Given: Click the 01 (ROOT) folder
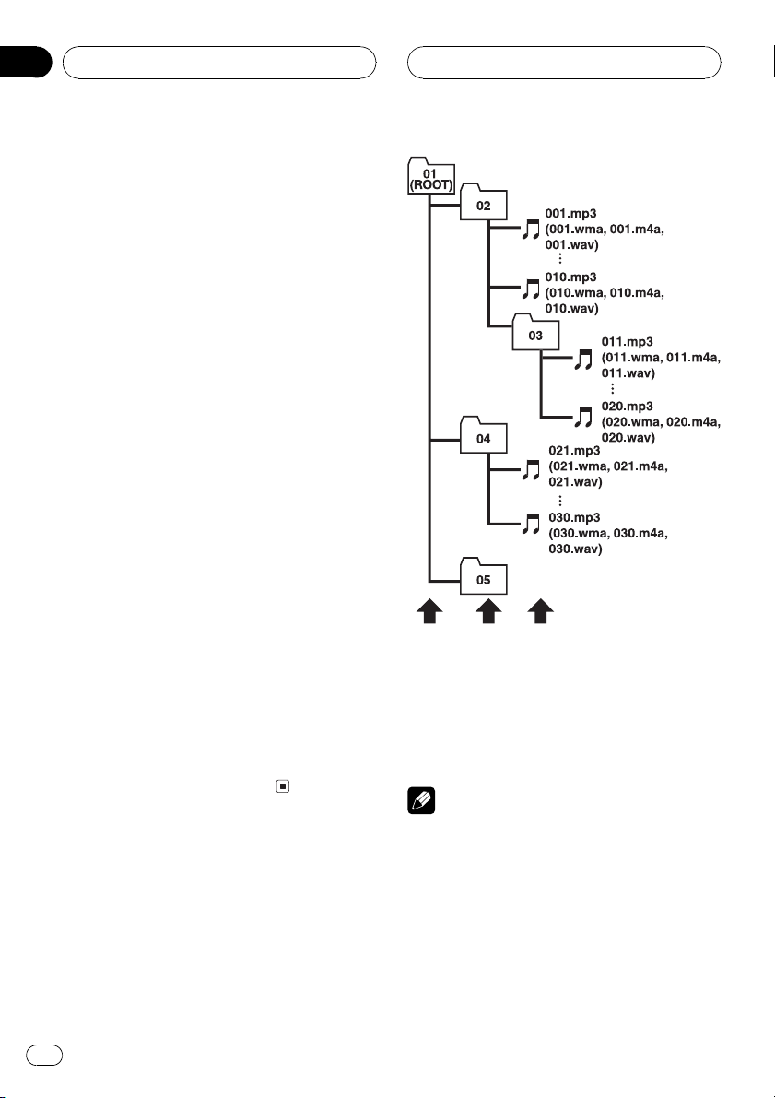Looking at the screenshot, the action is tap(431, 176).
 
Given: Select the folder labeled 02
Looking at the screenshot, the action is tap(483, 203).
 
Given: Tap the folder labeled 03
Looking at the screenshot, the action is tap(535, 333).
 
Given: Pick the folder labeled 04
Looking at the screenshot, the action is tap(483, 435).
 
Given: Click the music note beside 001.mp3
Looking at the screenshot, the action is tap(532, 229).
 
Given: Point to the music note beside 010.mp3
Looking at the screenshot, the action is tap(532, 289).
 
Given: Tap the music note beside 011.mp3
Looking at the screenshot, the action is tap(583, 360).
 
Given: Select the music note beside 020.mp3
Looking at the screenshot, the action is tap(583, 418).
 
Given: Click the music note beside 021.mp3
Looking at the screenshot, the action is tap(532, 470).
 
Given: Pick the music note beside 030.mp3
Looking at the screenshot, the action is tap(532, 524).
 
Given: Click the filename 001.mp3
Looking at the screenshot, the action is tap(570, 214).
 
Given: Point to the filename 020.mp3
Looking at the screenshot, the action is tap(628, 407).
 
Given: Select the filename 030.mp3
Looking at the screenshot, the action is tap(574, 517).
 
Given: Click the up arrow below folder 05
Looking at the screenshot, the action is tap(488, 610).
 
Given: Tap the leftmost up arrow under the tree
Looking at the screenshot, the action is tap(429, 610).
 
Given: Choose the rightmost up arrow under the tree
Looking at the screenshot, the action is tap(540, 610).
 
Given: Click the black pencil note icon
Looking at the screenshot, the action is tap(421, 800).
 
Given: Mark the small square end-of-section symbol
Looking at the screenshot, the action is tap(282, 786).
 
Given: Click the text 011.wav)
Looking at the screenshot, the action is tap(628, 373).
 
